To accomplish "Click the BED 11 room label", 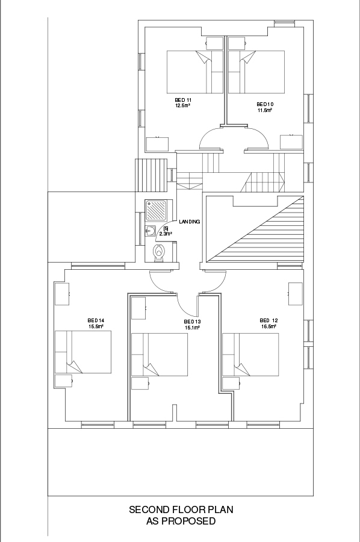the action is (183, 100).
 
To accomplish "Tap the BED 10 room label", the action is (265, 104).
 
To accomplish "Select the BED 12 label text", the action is (268, 320).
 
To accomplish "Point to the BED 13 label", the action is (192, 322).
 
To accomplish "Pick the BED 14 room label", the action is (96, 320).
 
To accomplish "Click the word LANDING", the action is (189, 222).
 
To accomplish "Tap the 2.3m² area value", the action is (166, 234).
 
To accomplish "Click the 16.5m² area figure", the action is (268, 326).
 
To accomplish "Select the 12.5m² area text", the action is (183, 106).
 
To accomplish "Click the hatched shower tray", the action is (156, 211).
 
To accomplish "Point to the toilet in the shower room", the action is (158, 252).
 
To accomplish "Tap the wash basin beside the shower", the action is (151, 231).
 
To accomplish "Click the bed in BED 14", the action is (83, 352).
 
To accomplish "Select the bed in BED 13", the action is (160, 354).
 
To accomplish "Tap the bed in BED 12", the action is (250, 354).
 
